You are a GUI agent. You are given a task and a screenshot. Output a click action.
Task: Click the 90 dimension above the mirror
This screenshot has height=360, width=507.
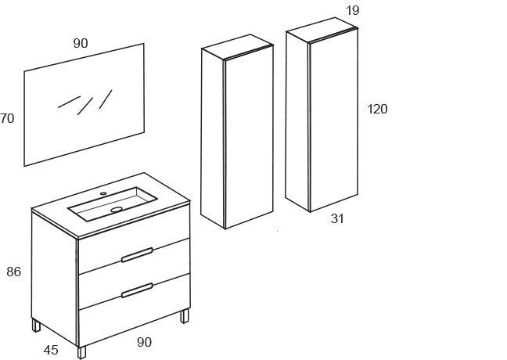(81, 43)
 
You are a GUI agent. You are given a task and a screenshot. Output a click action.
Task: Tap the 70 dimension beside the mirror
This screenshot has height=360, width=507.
(7, 118)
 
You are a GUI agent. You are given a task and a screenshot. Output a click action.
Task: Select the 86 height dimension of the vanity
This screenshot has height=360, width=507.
(13, 272)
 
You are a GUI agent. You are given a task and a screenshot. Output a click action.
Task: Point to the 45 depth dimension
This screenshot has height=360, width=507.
(51, 350)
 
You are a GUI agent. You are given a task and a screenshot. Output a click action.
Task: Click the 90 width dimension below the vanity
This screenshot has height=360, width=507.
(144, 342)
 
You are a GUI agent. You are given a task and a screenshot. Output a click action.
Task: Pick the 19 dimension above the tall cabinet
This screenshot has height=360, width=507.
(352, 10)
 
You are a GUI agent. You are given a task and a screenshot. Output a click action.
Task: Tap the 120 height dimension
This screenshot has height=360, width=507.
(377, 109)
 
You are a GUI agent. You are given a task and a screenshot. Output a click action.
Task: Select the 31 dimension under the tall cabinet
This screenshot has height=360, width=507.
(337, 218)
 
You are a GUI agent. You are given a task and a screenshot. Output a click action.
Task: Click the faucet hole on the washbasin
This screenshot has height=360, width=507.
(103, 194)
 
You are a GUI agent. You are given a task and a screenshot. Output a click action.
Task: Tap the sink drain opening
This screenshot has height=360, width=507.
(117, 209)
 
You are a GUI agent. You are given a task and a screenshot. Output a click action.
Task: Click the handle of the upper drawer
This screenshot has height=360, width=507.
(137, 255)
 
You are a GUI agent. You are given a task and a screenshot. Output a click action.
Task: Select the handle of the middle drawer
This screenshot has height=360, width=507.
(137, 290)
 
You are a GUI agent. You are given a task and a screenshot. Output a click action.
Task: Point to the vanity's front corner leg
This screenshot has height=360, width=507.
(82, 352)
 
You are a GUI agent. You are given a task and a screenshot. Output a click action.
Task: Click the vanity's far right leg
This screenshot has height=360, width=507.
(185, 316)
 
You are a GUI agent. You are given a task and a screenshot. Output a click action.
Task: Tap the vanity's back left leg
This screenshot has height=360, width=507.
(36, 325)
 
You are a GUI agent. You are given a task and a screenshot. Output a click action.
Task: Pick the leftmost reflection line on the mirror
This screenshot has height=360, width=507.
(69, 102)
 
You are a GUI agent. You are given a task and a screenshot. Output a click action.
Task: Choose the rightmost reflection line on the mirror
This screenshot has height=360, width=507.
(106, 99)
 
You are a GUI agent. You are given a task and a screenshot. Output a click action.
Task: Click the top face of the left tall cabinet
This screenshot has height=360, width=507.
(238, 47)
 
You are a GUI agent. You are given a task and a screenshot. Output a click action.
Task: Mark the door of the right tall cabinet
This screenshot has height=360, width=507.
(333, 121)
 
